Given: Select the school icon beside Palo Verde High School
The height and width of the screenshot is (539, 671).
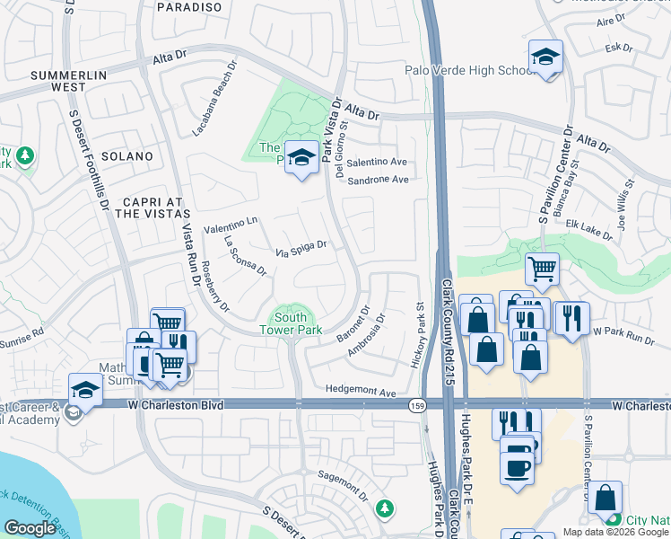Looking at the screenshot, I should coord(545,56).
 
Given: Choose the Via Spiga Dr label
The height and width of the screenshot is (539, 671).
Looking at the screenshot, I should coord(300,248).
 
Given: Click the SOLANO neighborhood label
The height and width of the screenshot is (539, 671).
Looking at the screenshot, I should coord(127,156).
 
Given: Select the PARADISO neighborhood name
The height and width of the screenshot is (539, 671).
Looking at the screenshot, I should coord(188,7).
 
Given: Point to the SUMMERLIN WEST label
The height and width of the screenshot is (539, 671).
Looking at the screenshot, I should coord(69,80).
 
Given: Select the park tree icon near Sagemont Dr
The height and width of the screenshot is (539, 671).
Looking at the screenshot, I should coord(385,508).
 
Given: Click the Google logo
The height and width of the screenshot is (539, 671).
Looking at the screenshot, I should coord(30,528).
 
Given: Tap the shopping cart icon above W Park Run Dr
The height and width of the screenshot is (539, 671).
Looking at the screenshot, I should coord(542,268).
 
